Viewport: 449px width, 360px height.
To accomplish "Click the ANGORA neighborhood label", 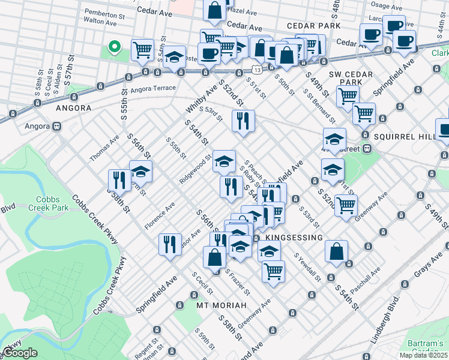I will [73, 108].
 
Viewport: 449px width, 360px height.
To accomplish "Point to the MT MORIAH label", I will [221, 305].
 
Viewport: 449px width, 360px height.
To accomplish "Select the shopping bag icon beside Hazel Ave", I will [214, 10].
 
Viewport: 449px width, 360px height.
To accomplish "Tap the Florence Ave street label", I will [159, 215].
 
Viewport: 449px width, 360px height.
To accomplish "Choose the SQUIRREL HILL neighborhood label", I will [403, 137].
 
